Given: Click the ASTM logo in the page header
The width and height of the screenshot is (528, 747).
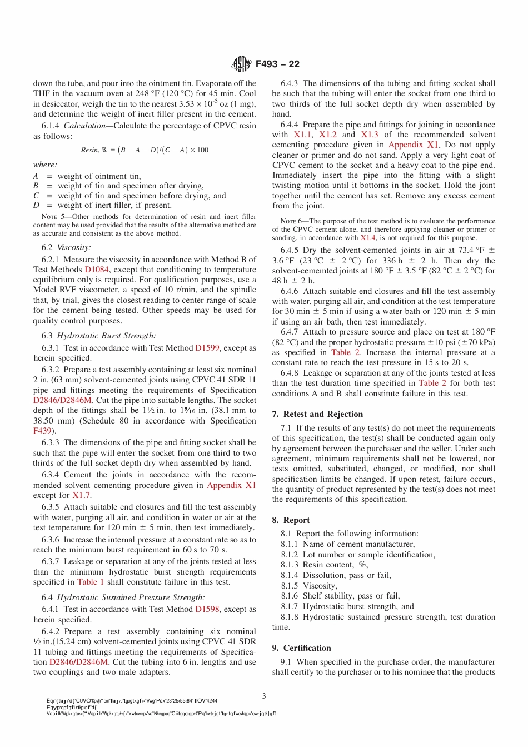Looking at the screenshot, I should coord(241,64).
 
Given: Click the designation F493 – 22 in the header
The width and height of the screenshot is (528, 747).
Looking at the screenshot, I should coord(277,64).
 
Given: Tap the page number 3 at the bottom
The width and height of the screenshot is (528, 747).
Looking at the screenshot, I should coord(264,696).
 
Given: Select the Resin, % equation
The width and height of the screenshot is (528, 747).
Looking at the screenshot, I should coord(145,150).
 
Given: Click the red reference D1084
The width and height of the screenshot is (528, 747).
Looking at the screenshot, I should coord(97,270).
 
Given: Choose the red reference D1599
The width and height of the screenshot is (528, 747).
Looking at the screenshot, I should coord(207,348).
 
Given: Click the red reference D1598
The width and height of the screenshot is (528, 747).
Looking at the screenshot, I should coord(207,609).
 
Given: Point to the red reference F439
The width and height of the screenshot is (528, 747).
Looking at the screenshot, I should coord(42,431).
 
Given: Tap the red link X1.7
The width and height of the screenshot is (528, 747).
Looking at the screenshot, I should coord(81,495).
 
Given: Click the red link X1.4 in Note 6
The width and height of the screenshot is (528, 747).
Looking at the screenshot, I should coord(368,238).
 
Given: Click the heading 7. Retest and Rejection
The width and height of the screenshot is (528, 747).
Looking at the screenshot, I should coord(317,414).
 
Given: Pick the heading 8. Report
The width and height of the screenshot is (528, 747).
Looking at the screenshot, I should coord(291,520).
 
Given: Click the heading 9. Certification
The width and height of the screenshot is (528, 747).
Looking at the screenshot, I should coord(301,648).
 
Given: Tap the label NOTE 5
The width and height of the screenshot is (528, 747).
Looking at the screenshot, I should coord(53,217).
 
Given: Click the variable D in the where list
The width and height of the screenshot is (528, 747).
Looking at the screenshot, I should coord(36,206).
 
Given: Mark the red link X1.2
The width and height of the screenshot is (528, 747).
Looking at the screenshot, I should coord(327,135).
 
